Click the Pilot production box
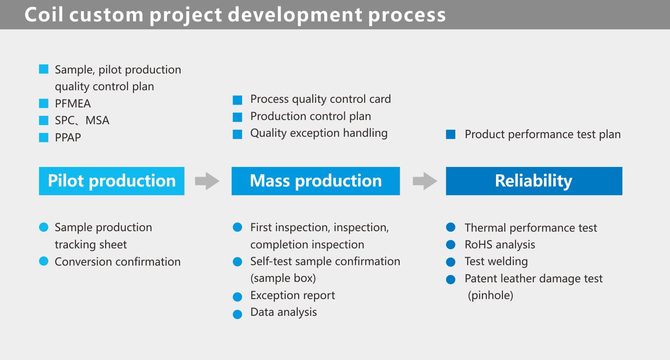(112, 181)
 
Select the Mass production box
(315, 181)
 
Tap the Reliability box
(534, 181)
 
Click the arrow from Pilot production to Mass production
(207, 181)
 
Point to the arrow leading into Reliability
(425, 181)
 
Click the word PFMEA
(73, 103)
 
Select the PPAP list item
(68, 137)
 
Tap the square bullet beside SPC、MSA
(44, 120)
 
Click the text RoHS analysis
(500, 245)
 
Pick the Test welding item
(496, 261)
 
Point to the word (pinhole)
(490, 295)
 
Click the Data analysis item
(283, 312)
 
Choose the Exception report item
(293, 295)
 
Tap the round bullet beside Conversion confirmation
(44, 261)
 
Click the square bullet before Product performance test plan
(451, 134)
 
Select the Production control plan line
(310, 116)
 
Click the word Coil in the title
(44, 14)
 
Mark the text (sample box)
(283, 278)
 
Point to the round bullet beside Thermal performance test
(451, 227)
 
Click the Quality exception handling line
(319, 133)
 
